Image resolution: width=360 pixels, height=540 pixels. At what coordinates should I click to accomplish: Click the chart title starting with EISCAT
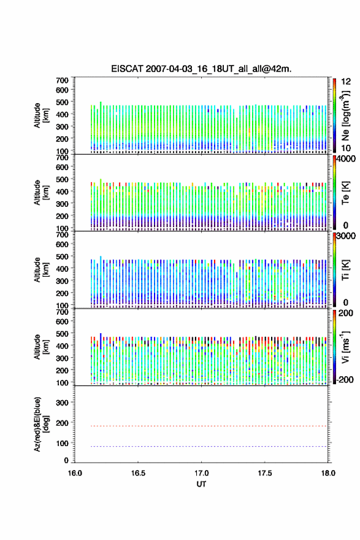point(201,69)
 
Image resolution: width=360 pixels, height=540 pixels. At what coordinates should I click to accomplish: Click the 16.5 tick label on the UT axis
point(138,473)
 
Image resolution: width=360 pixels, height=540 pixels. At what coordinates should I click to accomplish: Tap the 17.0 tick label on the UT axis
point(201,473)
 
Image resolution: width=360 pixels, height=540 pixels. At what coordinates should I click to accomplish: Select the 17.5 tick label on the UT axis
point(265,473)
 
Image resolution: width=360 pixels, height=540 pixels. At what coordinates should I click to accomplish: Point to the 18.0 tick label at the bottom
point(328,473)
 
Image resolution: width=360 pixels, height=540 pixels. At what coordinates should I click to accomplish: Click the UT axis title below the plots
point(201,484)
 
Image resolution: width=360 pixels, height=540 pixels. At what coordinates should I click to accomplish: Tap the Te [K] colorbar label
point(345,193)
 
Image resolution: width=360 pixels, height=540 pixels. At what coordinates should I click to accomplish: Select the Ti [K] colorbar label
point(345,270)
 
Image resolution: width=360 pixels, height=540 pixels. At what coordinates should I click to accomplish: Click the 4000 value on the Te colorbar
point(346,159)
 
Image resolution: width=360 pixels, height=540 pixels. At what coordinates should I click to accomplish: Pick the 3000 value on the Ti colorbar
point(346,236)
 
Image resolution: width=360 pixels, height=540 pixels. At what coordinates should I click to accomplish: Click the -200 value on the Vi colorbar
point(345,380)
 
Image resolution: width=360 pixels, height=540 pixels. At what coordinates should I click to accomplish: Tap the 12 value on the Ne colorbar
point(346,82)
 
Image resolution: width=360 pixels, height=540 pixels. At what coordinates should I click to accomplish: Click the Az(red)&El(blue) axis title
point(40,424)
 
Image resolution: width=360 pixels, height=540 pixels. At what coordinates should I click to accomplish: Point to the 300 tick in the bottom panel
point(62,403)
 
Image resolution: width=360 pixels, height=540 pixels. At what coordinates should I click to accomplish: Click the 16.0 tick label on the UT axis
point(75,473)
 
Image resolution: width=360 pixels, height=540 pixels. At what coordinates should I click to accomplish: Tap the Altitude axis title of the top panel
point(40,116)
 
